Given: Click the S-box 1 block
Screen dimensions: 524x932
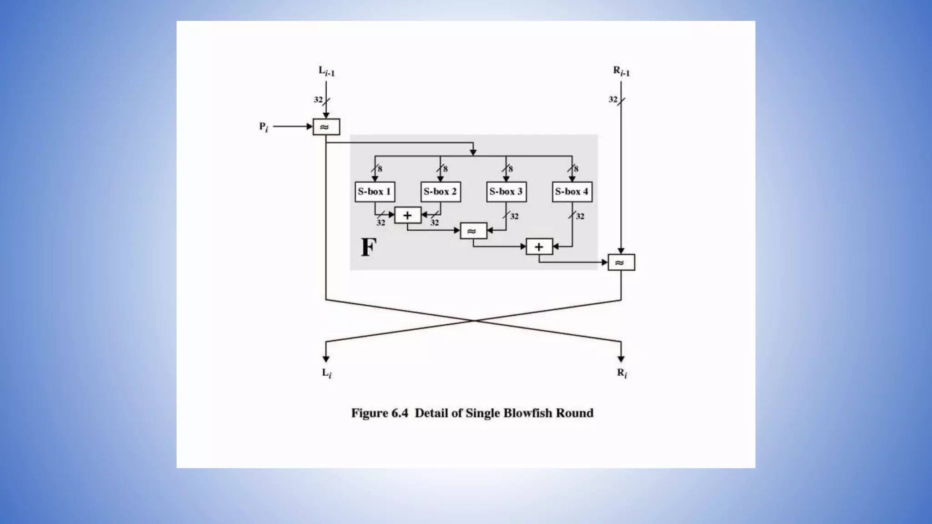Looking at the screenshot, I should point(375,191).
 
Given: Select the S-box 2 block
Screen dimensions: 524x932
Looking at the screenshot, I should point(440,191).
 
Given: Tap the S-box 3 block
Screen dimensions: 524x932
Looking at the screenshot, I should point(506,191).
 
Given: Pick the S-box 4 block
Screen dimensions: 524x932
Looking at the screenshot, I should point(572,191).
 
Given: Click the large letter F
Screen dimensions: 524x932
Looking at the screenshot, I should point(369,247).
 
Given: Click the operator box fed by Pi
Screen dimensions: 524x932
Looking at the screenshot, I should point(326,127).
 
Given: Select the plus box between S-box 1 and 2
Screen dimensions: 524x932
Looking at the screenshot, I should point(407,215).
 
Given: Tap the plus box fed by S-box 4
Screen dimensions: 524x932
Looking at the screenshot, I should point(539,247).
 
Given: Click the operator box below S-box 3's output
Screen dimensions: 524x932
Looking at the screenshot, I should point(473,231).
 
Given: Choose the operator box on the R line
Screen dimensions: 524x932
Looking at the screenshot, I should point(621,262).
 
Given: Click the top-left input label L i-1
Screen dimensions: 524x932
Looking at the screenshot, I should point(326,71).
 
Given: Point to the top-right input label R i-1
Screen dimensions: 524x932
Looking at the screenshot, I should point(621,71).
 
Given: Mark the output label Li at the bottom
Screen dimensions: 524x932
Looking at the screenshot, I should point(327,373).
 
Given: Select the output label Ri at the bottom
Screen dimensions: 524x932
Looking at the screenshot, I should point(622,373).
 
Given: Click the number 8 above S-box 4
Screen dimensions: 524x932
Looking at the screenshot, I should point(576,169).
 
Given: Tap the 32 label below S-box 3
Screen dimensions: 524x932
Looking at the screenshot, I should point(514,217).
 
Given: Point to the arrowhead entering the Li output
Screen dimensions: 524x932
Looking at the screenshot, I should point(326,359).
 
